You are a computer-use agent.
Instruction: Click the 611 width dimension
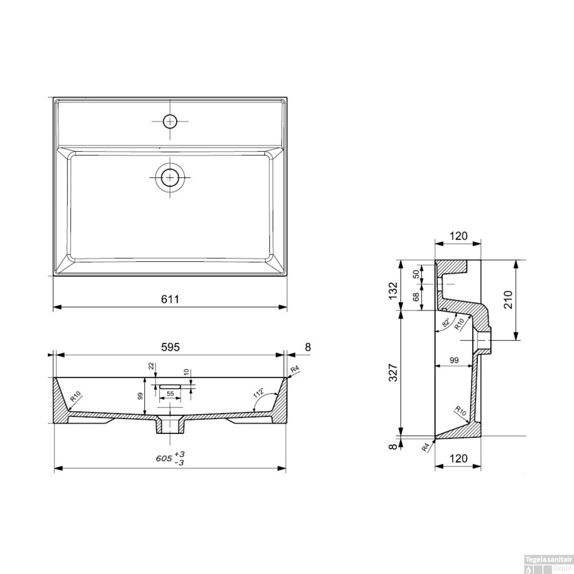pyautogui.click(x=170, y=299)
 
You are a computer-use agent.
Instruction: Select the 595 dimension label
pyautogui.click(x=170, y=347)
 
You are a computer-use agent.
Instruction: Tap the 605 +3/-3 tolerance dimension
pyautogui.click(x=171, y=458)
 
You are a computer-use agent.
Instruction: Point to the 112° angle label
pyautogui.click(x=259, y=393)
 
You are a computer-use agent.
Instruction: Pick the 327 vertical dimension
pyautogui.click(x=393, y=373)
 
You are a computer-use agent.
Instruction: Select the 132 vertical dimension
pyautogui.click(x=393, y=290)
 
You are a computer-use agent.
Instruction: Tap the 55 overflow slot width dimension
pyautogui.click(x=170, y=394)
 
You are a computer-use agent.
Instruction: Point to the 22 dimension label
pyautogui.click(x=151, y=366)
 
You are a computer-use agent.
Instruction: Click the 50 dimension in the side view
pyautogui.click(x=416, y=274)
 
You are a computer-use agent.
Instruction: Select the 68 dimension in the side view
pyautogui.click(x=416, y=296)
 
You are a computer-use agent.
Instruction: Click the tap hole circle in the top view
pyautogui.click(x=170, y=121)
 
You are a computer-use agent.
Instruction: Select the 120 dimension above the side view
pyautogui.click(x=458, y=236)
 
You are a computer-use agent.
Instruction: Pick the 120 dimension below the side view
pyautogui.click(x=458, y=458)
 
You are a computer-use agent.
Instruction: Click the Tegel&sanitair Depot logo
pyautogui.click(x=548, y=564)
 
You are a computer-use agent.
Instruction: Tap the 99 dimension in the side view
pyautogui.click(x=454, y=360)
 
